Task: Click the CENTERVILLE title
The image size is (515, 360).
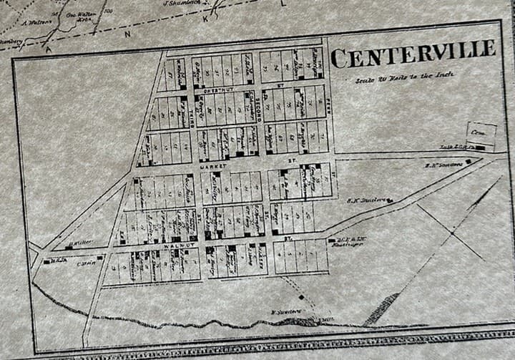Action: pyautogui.click(x=413, y=54)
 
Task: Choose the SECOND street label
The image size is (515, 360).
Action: pyautogui.click(x=258, y=107)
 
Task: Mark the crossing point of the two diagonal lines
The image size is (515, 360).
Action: pyautogui.click(x=451, y=232)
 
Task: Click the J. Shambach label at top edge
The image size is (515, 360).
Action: pyautogui.click(x=180, y=4)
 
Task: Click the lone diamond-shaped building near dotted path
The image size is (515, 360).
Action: pyautogui.click(x=301, y=296)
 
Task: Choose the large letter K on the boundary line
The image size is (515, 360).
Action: pyautogui.click(x=206, y=19)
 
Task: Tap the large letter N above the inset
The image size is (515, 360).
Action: pyautogui.click(x=128, y=34)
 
